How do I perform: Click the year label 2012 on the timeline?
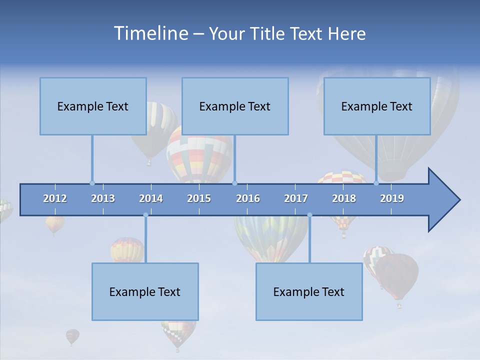pos(55,198)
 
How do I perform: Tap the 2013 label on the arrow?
pos(103,198)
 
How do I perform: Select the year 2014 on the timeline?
pos(151,198)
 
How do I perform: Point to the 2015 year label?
pos(199,198)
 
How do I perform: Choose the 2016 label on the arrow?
pos(248,198)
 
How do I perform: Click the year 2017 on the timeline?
pos(296,198)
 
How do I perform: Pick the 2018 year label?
pos(344,198)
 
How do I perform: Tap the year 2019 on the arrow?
pos(392,198)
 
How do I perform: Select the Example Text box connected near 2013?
pos(93,106)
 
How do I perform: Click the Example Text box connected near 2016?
pos(235,106)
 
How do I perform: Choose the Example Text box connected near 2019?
pos(377,106)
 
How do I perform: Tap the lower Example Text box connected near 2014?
pos(145,291)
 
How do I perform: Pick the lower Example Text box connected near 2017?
pos(309,291)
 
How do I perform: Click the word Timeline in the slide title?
pos(150,33)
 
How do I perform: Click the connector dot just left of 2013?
pos(92,183)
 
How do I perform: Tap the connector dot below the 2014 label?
pos(145,215)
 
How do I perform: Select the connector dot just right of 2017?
pos(309,215)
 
